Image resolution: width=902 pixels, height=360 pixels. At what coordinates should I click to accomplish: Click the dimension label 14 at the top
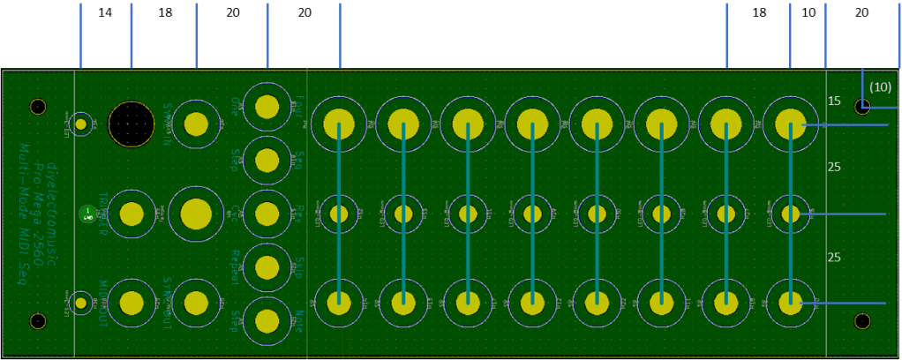coord(105,13)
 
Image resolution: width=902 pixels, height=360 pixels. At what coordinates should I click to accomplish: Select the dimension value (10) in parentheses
coord(880,87)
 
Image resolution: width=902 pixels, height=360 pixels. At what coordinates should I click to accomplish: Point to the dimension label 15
coord(834,101)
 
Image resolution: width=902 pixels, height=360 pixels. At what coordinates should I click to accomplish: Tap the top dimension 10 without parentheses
coord(808,13)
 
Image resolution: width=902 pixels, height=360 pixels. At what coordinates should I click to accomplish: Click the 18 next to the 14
coord(165,13)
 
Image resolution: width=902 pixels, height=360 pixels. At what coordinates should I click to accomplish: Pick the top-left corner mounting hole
coord(38,108)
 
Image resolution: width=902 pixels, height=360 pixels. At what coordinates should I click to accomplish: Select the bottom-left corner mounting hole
coord(38,320)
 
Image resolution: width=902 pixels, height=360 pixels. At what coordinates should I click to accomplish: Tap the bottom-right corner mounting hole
coord(862,321)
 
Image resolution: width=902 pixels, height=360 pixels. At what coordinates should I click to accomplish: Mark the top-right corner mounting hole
coord(862,108)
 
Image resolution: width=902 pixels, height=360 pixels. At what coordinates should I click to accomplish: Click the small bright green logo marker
coord(86,213)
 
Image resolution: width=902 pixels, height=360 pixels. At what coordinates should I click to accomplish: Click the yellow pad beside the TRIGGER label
coord(132,213)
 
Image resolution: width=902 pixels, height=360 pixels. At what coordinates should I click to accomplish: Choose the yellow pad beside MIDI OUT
coord(132,303)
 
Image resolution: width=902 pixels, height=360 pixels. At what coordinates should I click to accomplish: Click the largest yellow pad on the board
coord(196,213)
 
